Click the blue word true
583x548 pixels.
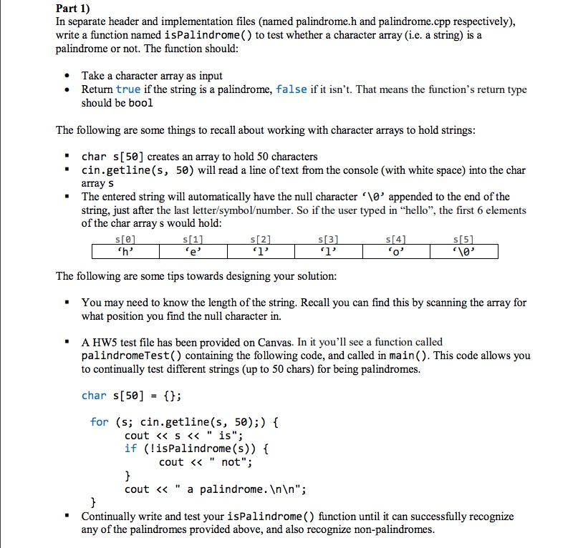click(x=128, y=89)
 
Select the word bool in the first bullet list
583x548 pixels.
click(x=141, y=103)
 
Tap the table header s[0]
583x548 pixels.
click(x=125, y=239)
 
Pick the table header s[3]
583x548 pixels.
click(x=329, y=239)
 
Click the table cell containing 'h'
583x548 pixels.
click(x=125, y=252)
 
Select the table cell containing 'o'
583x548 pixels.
click(x=396, y=252)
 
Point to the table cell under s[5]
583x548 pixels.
click(x=463, y=252)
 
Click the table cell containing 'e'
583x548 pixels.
click(x=193, y=252)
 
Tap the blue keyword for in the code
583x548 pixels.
click(x=99, y=422)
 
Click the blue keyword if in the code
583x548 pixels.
click(x=130, y=449)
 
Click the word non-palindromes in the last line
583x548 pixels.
click(x=397, y=529)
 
